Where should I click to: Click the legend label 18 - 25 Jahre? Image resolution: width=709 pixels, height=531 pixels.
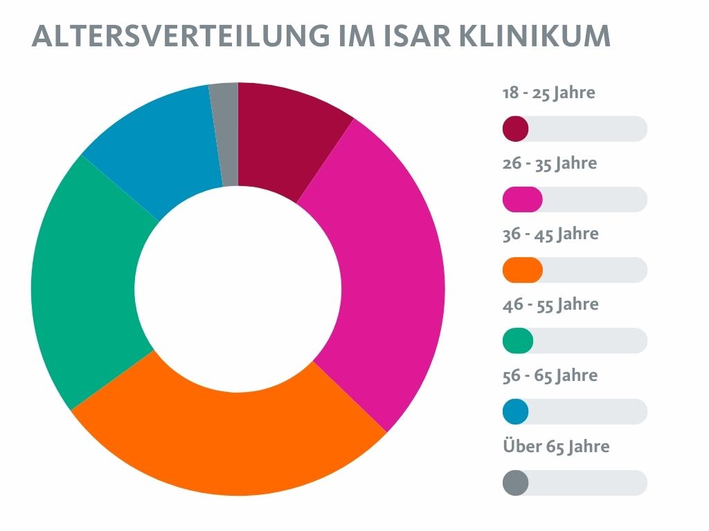[548, 93]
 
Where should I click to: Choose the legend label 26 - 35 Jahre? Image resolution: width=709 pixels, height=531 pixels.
[549, 164]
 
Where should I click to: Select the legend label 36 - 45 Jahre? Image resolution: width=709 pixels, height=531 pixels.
[550, 234]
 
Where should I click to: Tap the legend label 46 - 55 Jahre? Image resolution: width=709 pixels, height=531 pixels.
[550, 305]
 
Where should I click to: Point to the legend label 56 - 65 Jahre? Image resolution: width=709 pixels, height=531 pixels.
[550, 376]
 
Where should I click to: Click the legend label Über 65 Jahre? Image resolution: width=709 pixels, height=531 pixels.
[556, 447]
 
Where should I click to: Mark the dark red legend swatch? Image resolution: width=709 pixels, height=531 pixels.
[516, 129]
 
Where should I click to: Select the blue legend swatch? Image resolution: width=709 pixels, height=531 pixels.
[516, 412]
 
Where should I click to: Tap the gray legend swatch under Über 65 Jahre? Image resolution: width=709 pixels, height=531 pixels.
[516, 483]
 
